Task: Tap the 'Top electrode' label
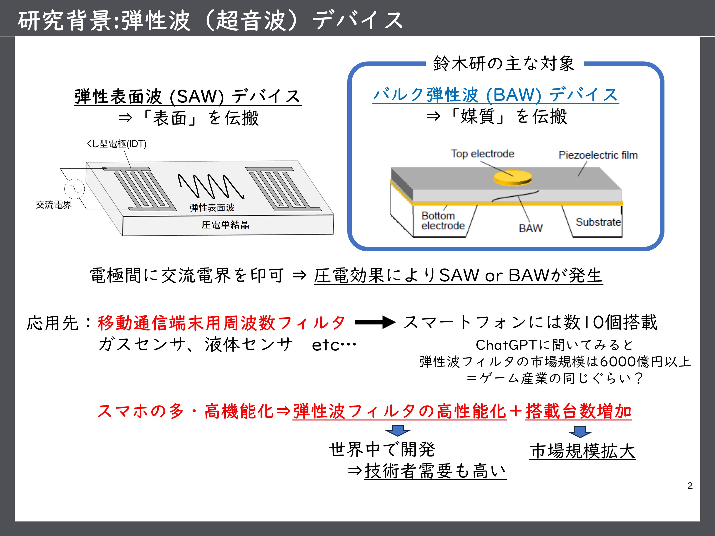482,154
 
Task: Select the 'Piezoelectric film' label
598,155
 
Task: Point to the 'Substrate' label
598,222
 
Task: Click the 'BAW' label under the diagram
531,228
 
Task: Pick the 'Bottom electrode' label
443,220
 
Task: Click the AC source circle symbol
74,189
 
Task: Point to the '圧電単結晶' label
225,225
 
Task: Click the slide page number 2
690,485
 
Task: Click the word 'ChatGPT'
506,345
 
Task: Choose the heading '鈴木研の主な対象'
504,63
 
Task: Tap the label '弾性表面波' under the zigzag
212,207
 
